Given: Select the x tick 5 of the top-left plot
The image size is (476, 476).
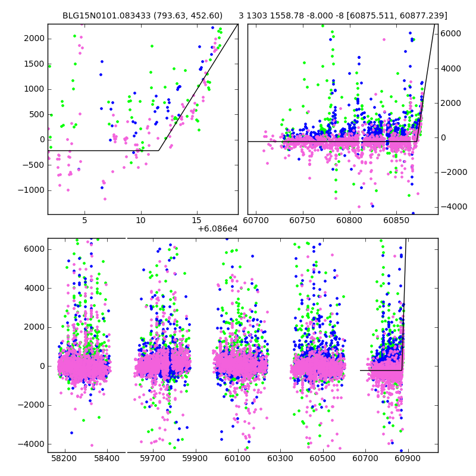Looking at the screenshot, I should (x=84, y=221).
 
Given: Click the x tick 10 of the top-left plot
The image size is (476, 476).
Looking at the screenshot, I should (x=141, y=221).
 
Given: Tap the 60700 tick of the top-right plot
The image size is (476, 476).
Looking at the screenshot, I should (x=256, y=221).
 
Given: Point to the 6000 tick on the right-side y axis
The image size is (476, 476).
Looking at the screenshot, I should (x=452, y=33).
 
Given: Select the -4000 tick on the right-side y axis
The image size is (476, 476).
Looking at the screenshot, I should (x=453, y=206).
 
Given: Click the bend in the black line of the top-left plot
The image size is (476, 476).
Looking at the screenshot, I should (x=159, y=151).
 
